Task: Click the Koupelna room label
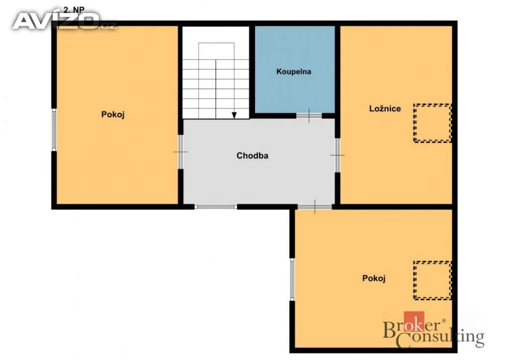click(293, 72)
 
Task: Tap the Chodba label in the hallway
click(252, 156)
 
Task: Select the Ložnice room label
click(385, 108)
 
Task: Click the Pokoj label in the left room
click(113, 114)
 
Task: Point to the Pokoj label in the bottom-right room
click(374, 278)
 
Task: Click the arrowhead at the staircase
click(234, 115)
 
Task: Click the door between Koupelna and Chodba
click(309, 115)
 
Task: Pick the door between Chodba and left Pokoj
click(181, 152)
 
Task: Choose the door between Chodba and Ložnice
click(338, 155)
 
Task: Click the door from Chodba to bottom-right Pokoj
click(315, 207)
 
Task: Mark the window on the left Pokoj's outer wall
click(54, 129)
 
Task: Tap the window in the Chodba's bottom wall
click(216, 207)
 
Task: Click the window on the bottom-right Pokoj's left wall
click(292, 279)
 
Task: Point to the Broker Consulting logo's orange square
click(414, 321)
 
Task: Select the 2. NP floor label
click(74, 10)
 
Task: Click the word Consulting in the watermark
click(440, 338)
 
